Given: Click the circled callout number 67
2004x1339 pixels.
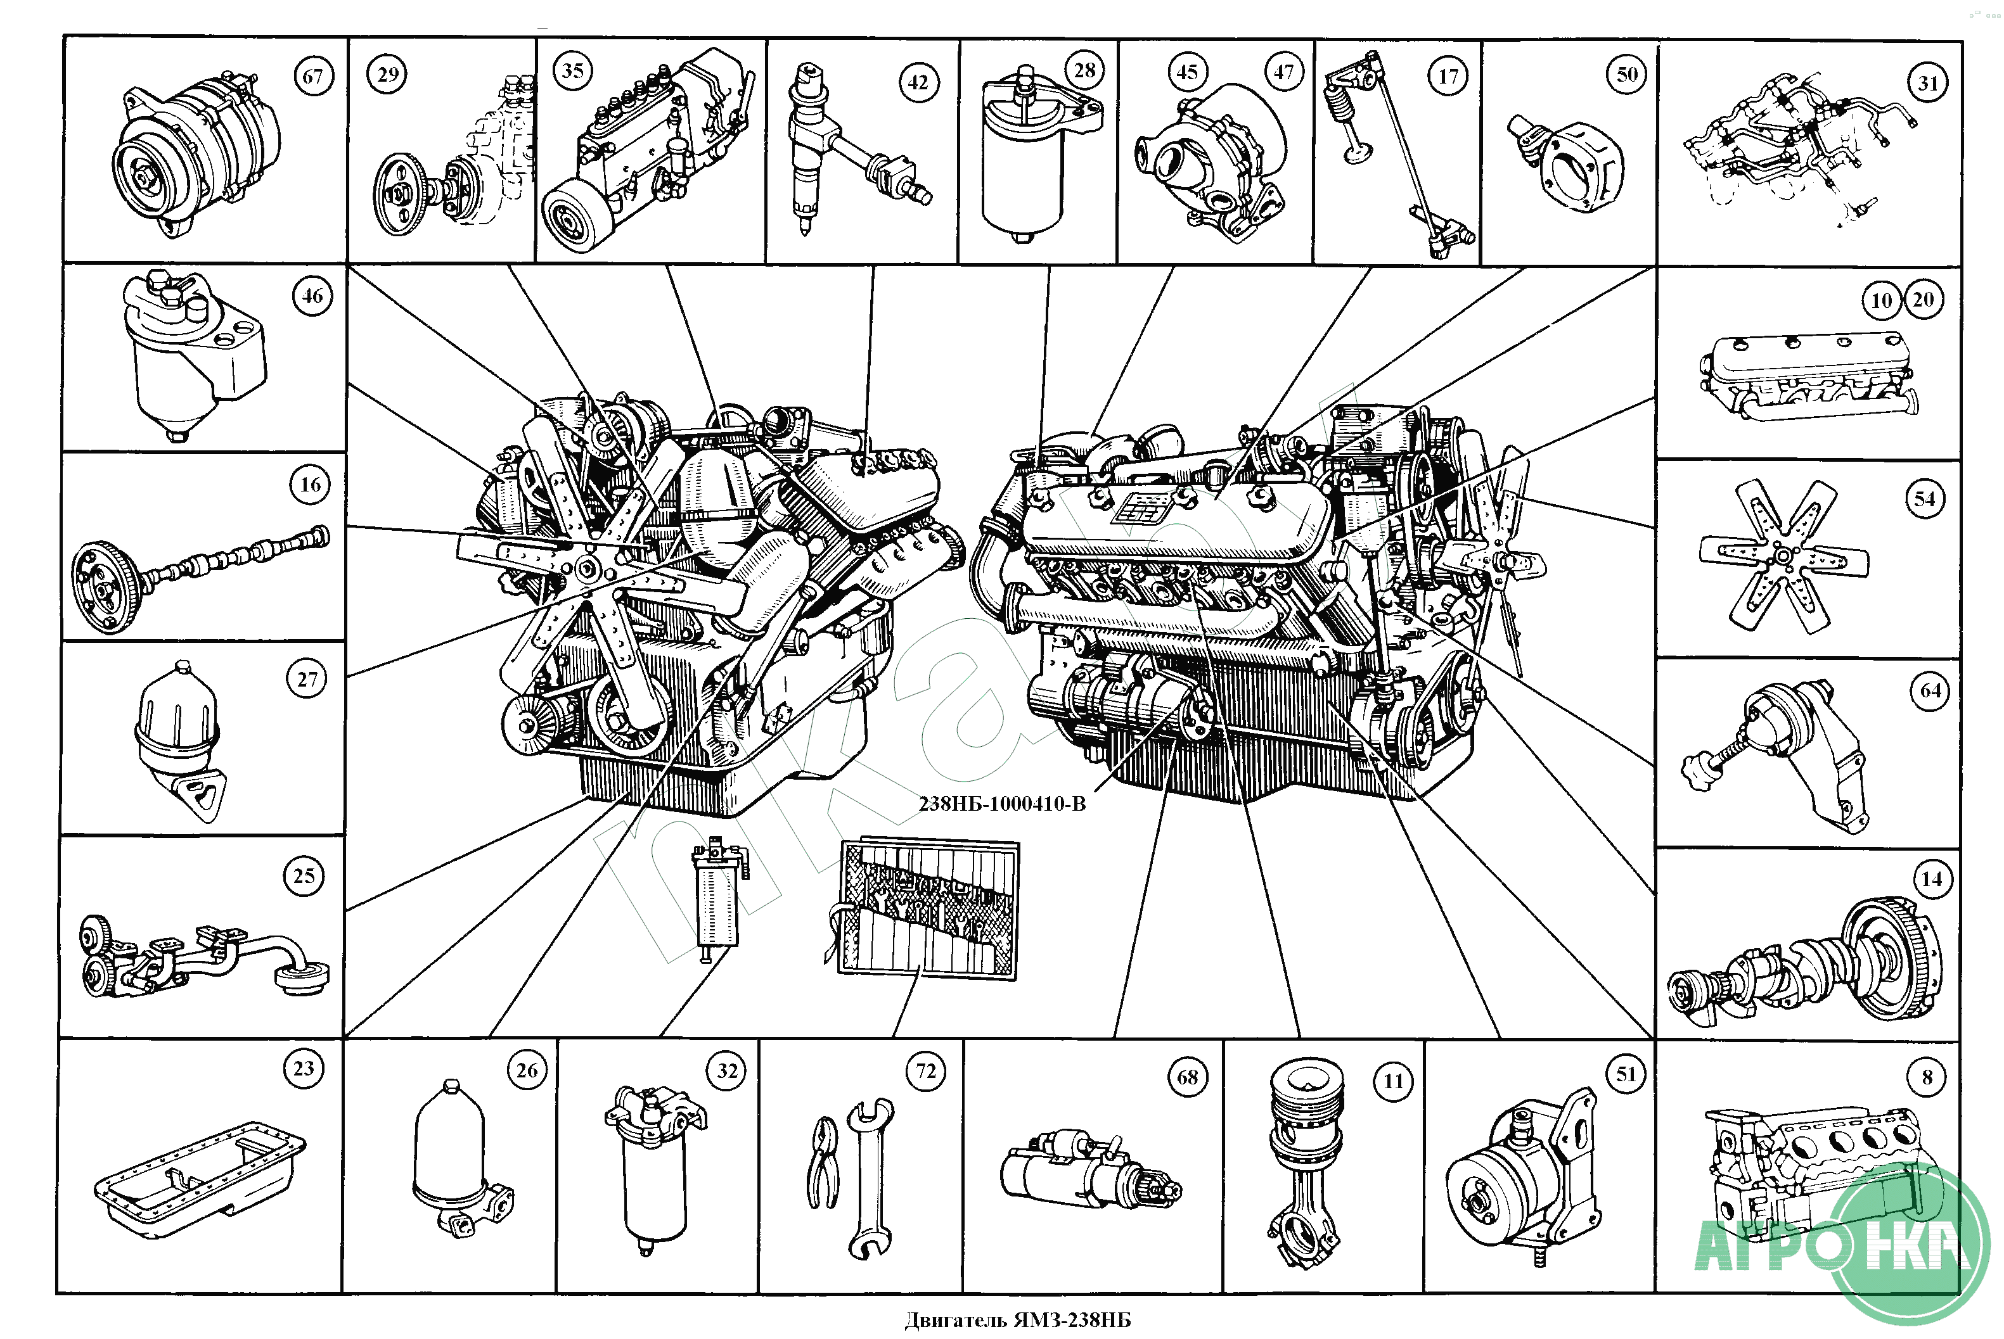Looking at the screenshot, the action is pos(312,77).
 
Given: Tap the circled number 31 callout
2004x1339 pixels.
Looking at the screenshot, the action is pos(1927,84).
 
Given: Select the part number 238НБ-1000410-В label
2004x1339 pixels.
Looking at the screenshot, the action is pos(1001,804).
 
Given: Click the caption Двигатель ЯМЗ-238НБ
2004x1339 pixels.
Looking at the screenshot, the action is pos(1017,1320).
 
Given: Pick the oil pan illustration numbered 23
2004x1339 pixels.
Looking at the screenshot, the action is pos(199,1179).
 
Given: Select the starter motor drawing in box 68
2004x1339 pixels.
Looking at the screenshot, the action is pos(1089,1171).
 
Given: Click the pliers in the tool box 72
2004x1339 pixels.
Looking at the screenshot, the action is pos(823,1163).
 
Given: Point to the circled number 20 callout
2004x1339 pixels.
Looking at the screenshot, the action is pos(1923,300).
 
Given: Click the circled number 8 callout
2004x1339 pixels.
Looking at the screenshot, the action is pos(1927,1077).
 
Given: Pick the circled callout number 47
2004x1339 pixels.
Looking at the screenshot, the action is pos(1283,73).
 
